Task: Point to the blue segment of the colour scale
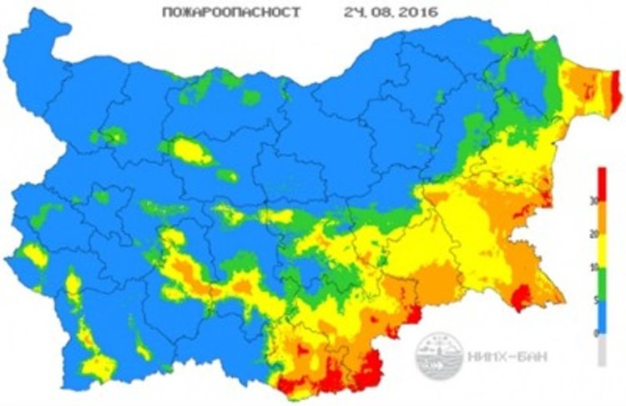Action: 602,317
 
